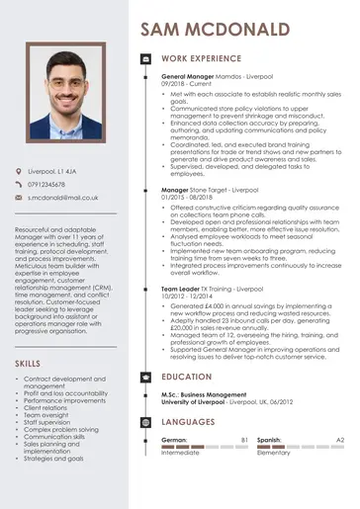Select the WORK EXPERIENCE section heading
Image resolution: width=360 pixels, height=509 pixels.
point(202,59)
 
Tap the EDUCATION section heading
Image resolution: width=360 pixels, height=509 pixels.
point(187,377)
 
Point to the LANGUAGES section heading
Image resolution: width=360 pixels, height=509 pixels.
point(189,421)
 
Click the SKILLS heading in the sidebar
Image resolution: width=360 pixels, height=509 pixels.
point(29,364)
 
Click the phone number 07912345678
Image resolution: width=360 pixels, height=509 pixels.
point(46,185)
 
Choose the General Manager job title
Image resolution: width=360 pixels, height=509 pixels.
point(189,76)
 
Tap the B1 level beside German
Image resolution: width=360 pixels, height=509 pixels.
point(244,439)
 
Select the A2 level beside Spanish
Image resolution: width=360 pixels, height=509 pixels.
point(339,439)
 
